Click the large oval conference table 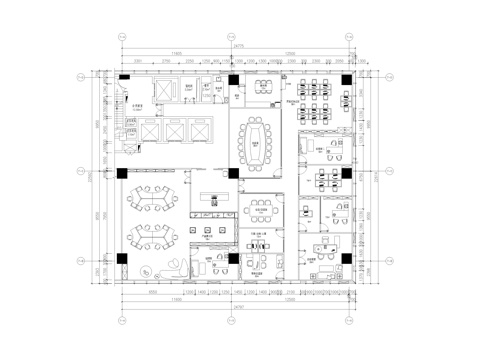pyautogui.click(x=263, y=143)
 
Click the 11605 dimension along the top pyautogui.click(x=176, y=54)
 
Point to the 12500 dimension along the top pyautogui.click(x=289, y=54)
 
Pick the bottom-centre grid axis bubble pyautogui.click(x=233, y=322)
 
